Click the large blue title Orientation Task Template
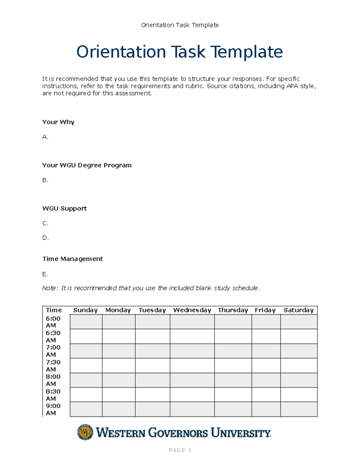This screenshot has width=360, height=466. pyautogui.click(x=179, y=52)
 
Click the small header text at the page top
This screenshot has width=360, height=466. pyautogui.click(x=180, y=25)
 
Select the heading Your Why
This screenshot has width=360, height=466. pyautogui.click(x=58, y=122)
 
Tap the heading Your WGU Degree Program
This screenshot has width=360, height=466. pyautogui.click(x=87, y=165)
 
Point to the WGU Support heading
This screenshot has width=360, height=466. pyautogui.click(x=64, y=208)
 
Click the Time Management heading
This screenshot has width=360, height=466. pyautogui.click(x=73, y=259)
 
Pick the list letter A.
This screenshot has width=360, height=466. pyautogui.click(x=45, y=137)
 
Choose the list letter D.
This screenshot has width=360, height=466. pyautogui.click(x=45, y=238)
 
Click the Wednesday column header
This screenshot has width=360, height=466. pyautogui.click(x=192, y=310)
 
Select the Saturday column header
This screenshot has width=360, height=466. pyautogui.click(x=298, y=310)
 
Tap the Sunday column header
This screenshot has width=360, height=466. pyautogui.click(x=85, y=310)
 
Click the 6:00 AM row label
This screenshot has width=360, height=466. pyautogui.click(x=53, y=322)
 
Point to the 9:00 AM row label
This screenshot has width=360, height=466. pyautogui.click(x=53, y=409)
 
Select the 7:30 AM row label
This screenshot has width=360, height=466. pyautogui.click(x=53, y=365)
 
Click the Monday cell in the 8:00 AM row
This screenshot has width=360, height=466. pyautogui.click(x=118, y=380)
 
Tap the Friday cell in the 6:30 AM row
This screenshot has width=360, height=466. pyautogui.click(x=266, y=336)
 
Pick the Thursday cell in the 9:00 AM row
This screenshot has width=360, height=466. pyautogui.click(x=233, y=409)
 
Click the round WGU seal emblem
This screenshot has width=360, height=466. pyautogui.click(x=85, y=432)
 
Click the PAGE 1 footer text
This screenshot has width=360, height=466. pyautogui.click(x=180, y=450)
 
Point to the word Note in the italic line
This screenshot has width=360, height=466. pyautogui.click(x=49, y=288)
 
